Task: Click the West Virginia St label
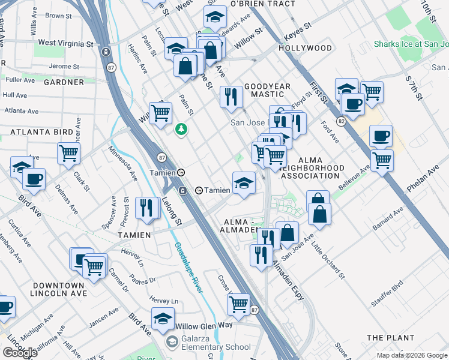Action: coord(65,44)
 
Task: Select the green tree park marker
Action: coord(181,129)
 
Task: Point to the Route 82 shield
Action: coord(342,122)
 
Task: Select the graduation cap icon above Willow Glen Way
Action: coord(162,319)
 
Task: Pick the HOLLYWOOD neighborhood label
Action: coord(305,48)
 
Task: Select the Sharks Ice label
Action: coord(411,44)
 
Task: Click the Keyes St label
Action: coord(298,27)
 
